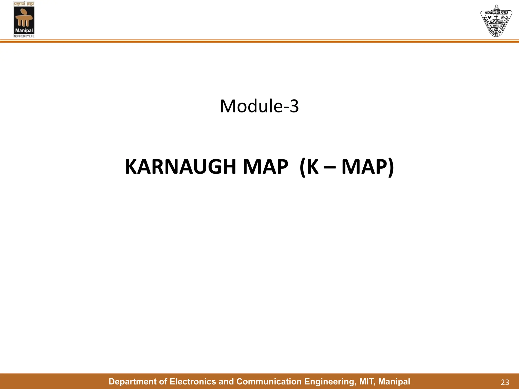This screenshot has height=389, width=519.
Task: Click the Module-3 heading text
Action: coord(259,106)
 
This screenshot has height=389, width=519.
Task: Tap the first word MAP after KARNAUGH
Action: coord(265,167)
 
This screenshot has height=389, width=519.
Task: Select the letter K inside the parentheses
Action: coord(312,167)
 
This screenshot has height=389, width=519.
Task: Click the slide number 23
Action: coord(505,382)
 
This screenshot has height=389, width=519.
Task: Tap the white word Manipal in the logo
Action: coord(24,31)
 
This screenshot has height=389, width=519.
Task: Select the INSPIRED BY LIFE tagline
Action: coord(24,36)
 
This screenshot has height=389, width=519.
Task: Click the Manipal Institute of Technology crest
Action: coord(496,21)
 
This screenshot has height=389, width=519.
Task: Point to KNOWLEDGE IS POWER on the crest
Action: coord(496,13)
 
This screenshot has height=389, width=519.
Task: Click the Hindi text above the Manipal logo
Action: coord(24,4)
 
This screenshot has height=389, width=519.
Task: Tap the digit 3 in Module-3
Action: coord(294,106)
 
